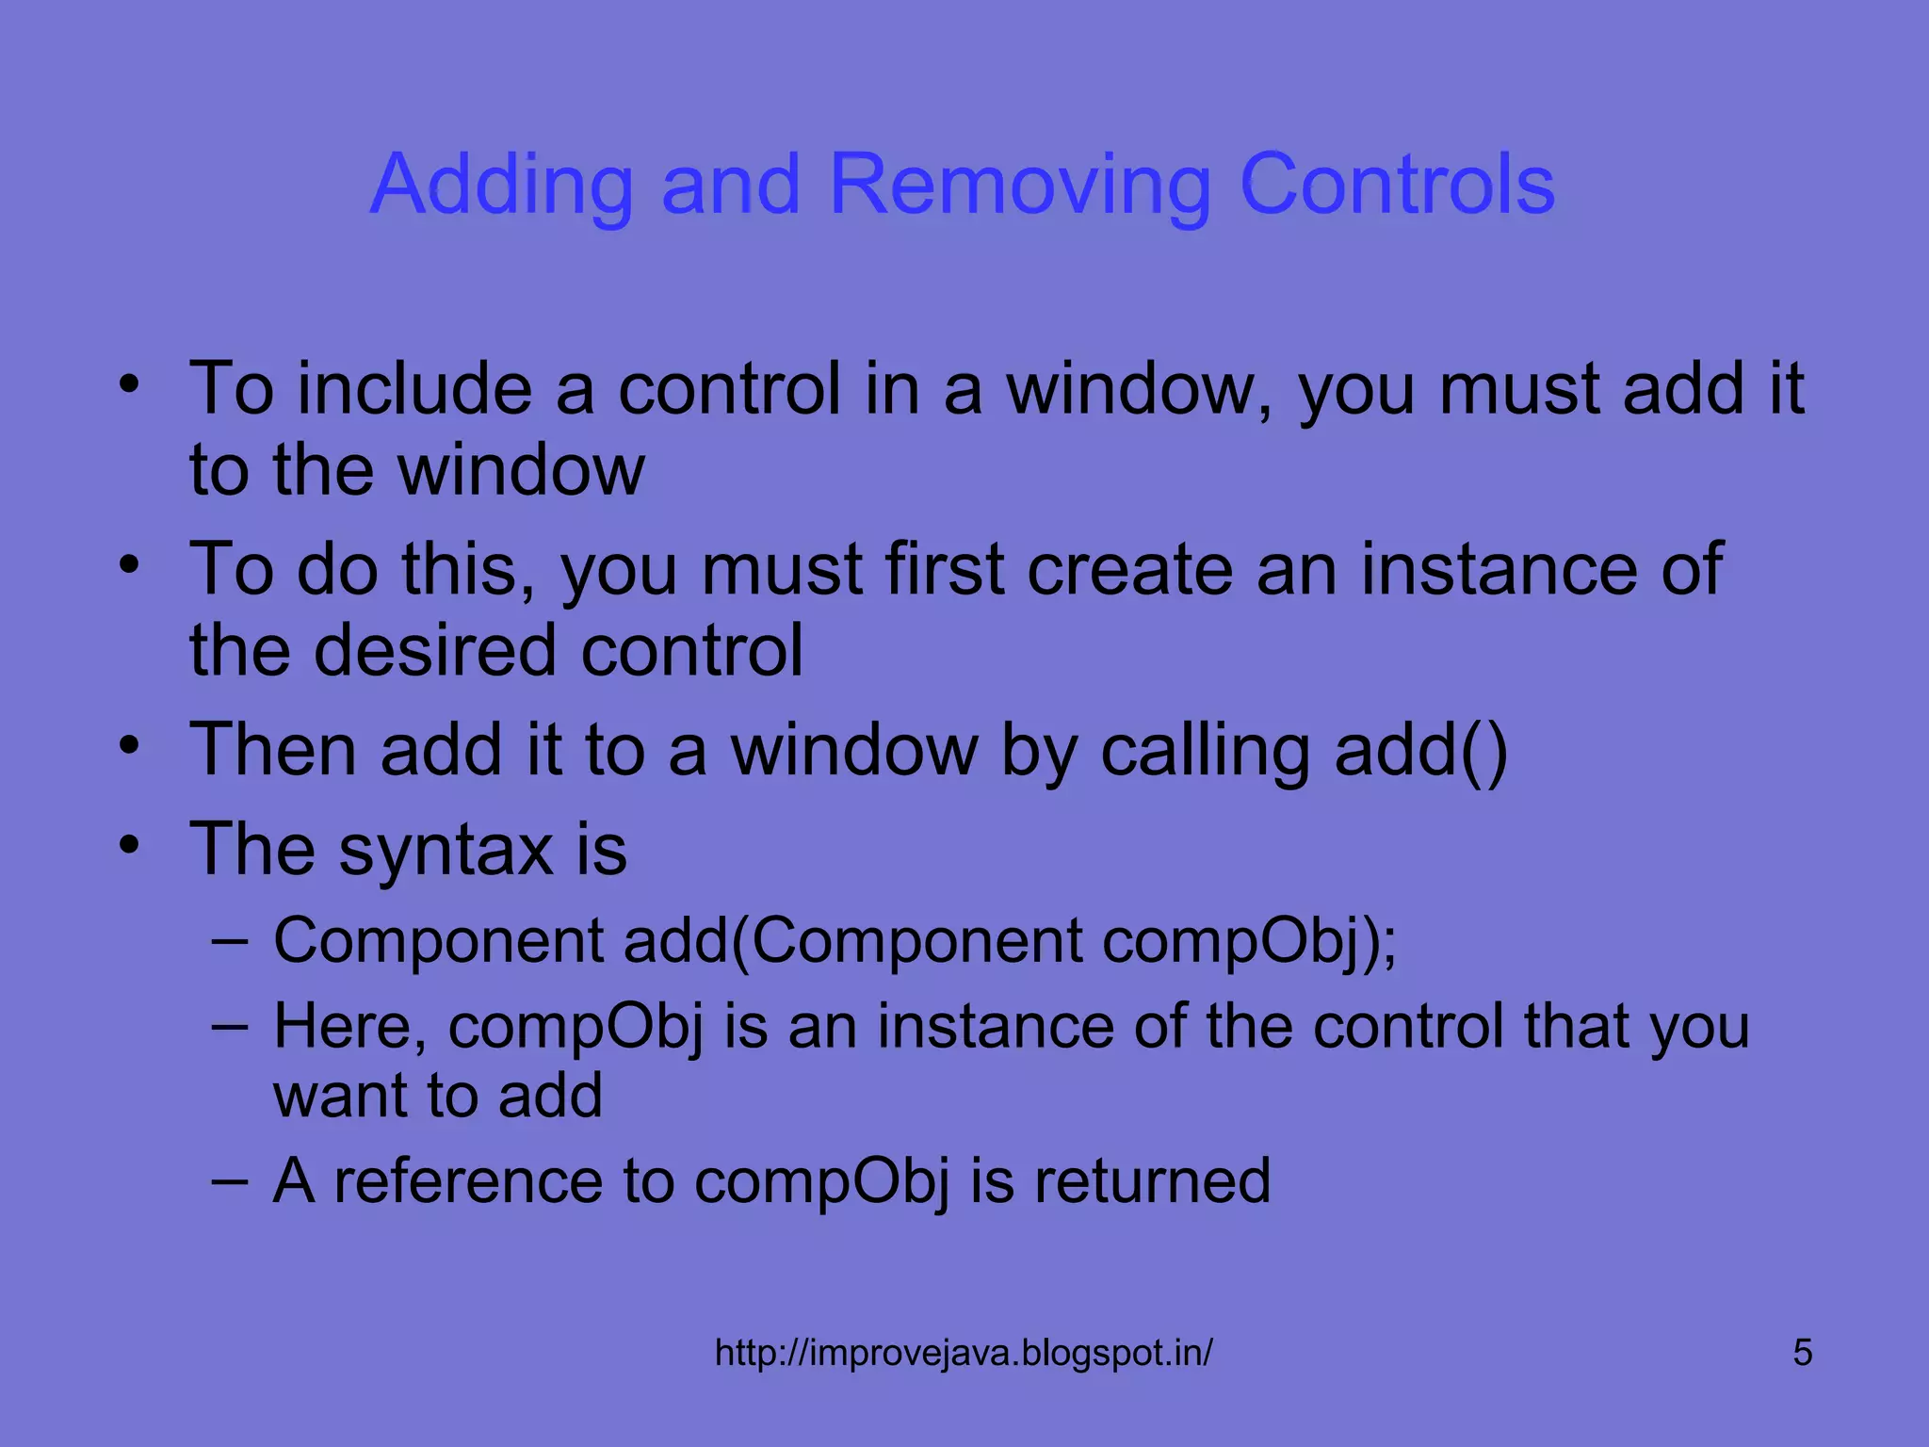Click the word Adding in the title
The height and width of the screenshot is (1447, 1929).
501,185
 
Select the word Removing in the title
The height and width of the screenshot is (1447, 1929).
1019,185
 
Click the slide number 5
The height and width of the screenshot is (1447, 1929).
1802,1353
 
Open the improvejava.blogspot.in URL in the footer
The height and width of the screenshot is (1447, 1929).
964,1353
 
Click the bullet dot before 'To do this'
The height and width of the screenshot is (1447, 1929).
129,564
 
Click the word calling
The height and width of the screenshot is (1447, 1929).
1205,750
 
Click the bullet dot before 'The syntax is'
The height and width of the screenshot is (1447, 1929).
129,844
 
